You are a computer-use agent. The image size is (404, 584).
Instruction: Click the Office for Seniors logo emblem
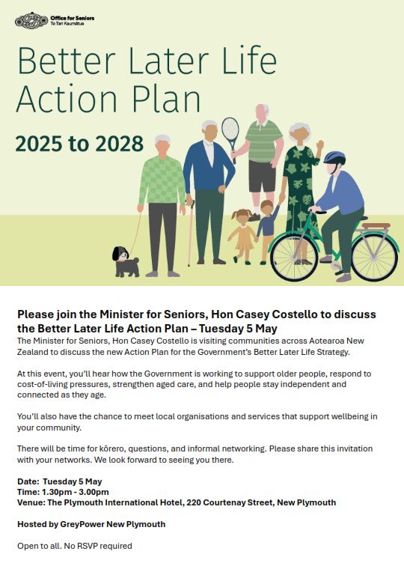pos(31,19)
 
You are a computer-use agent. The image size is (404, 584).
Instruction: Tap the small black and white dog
pos(124,263)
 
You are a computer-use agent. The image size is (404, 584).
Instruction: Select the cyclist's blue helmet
pos(334,159)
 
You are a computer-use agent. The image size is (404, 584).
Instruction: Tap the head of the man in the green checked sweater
pos(162,142)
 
